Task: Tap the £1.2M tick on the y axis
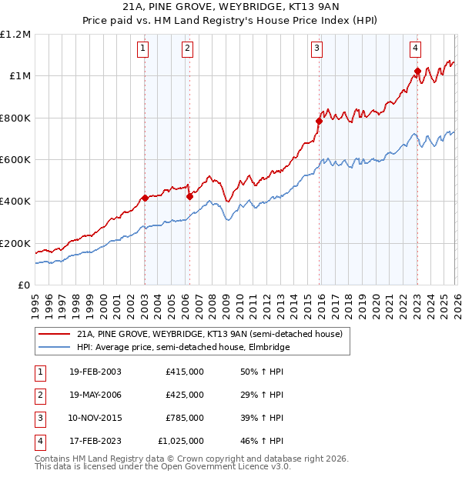click(15, 35)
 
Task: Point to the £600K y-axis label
click(15, 160)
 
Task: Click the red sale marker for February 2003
click(145, 198)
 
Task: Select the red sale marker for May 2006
click(189, 196)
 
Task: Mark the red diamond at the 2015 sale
click(319, 121)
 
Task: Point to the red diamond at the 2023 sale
click(417, 71)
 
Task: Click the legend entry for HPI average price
click(182, 347)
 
